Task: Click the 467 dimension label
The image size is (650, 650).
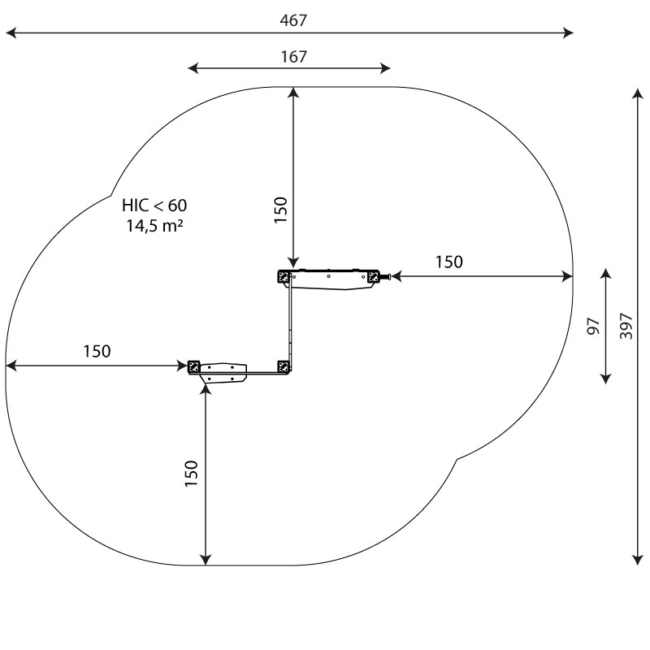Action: [293, 20]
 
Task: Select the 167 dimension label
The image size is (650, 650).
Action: [293, 57]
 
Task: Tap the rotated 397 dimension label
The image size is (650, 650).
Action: [626, 327]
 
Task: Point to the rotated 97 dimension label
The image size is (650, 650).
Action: [594, 327]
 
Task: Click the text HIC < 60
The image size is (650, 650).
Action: [154, 206]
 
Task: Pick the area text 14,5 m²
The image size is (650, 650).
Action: [154, 226]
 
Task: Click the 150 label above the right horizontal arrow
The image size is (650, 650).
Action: [449, 262]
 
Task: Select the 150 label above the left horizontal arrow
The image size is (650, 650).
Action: [97, 352]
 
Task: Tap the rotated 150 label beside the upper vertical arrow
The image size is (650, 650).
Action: [280, 210]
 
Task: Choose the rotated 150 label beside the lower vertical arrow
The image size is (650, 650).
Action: [192, 474]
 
